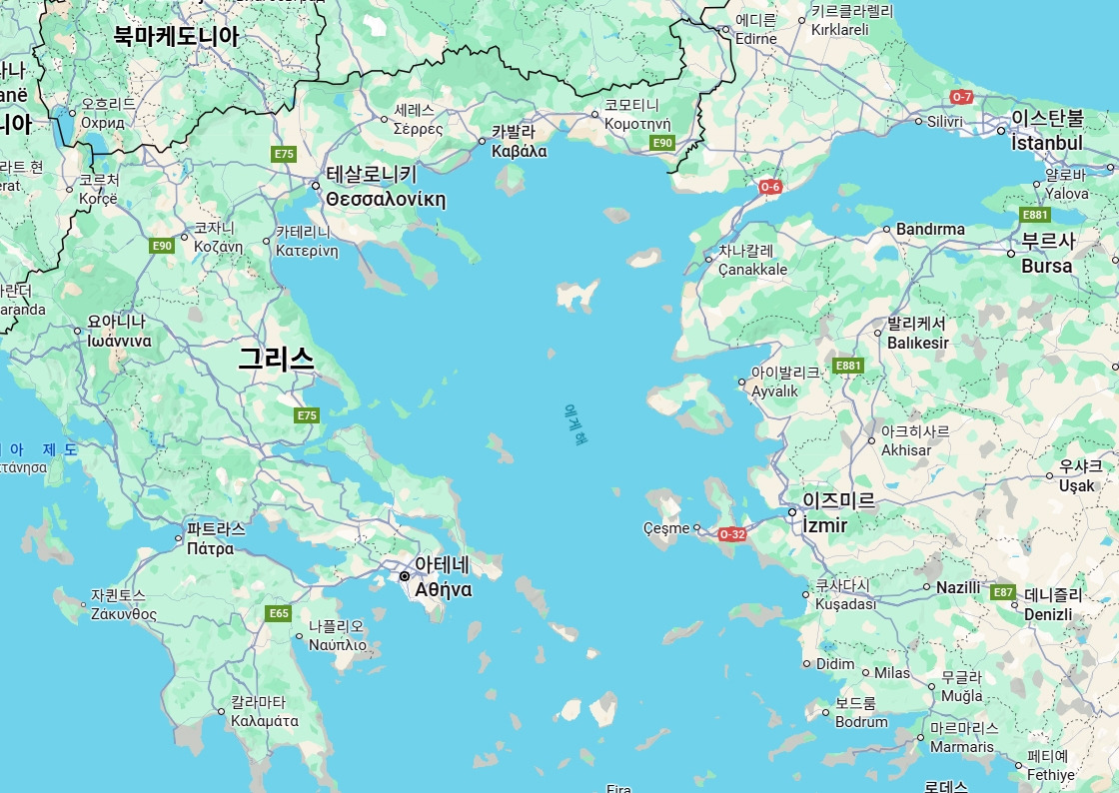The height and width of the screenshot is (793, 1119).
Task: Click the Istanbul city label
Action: tap(1046, 143)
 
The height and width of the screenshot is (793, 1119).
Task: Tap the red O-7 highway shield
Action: tap(961, 97)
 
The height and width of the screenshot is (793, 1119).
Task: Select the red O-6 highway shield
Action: tap(770, 186)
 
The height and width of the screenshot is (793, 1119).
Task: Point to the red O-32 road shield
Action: tap(732, 534)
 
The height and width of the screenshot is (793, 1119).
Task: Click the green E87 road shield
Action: tap(1004, 592)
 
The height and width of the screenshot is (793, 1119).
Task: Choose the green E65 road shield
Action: tap(279, 612)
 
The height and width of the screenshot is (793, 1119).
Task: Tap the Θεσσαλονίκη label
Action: tap(385, 199)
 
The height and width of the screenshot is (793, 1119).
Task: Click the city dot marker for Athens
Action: tap(405, 577)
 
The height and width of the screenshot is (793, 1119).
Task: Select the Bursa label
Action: tap(1047, 266)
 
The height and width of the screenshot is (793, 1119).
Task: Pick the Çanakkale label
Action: tap(753, 269)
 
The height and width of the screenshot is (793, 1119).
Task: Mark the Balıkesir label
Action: tap(918, 343)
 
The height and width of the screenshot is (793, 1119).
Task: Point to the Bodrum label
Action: tap(861, 722)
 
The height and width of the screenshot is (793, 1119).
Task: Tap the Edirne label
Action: tap(755, 39)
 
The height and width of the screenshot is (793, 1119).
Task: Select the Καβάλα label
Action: tap(520, 151)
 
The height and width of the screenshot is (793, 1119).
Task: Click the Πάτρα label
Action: tap(210, 548)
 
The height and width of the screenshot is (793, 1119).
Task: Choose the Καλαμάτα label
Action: tap(265, 720)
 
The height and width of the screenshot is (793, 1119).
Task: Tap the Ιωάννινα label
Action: tap(119, 341)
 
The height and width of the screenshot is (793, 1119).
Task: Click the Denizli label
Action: tap(1048, 614)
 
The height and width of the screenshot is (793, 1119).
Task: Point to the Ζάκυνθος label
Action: tap(124, 613)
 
